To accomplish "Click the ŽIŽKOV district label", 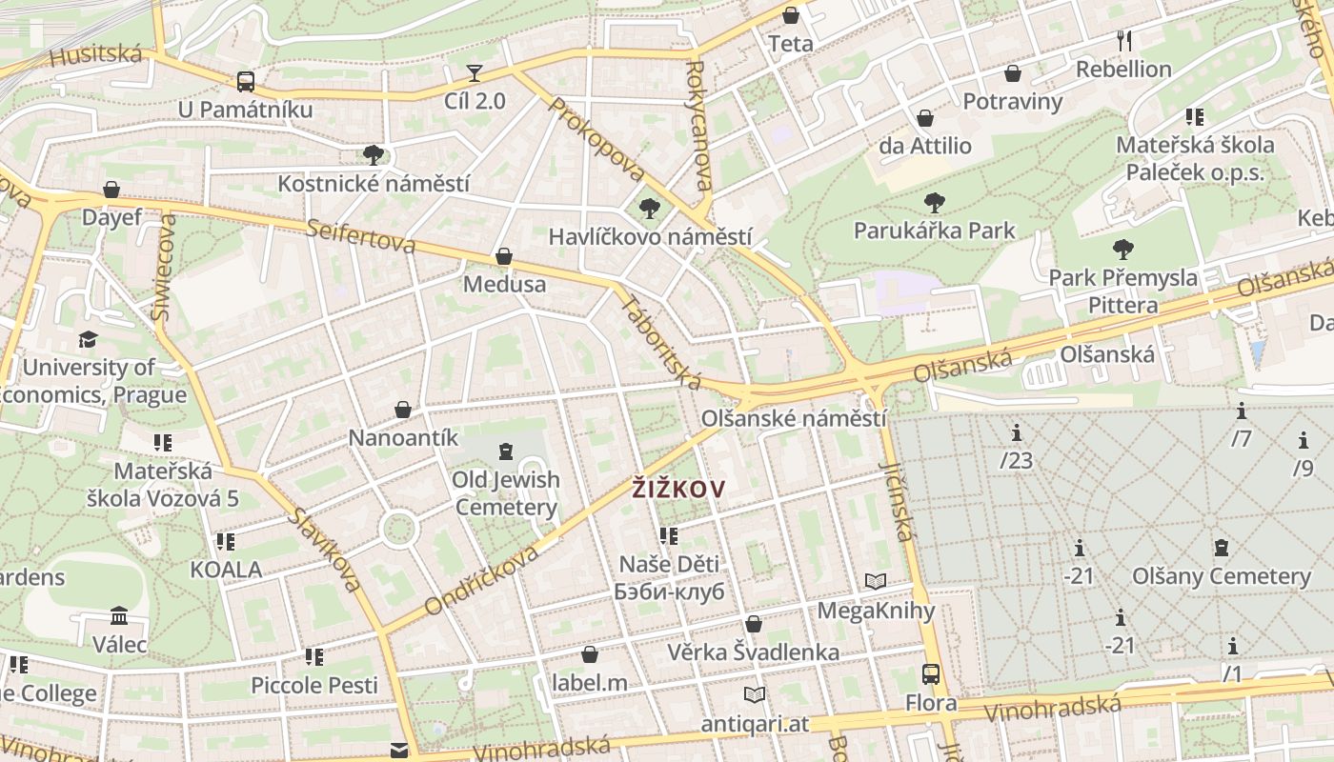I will (678, 490).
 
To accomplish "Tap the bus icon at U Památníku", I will (246, 81).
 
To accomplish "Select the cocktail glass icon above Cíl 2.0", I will (475, 73).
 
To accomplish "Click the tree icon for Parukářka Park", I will (934, 202).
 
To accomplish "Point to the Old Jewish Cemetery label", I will (505, 492).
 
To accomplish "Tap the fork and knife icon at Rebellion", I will (1124, 40).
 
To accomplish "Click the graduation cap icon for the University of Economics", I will (88, 339).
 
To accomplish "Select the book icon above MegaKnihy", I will (876, 581).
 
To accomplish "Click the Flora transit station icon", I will (931, 674).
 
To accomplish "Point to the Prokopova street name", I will (596, 140).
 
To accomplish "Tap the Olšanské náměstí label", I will (794, 418).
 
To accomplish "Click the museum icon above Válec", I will (119, 615).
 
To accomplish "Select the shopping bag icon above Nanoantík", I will (403, 410).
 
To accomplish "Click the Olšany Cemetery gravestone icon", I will (1221, 548).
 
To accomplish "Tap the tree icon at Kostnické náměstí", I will (373, 154).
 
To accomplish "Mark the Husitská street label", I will (95, 53).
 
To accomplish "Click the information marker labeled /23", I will (1017, 433).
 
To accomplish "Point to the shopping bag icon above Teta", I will (791, 15).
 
